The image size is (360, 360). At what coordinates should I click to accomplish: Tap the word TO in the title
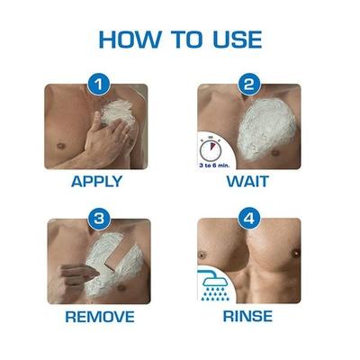(184, 40)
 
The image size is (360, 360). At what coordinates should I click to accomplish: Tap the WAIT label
(247, 180)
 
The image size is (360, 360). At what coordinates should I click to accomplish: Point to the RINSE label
(247, 316)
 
